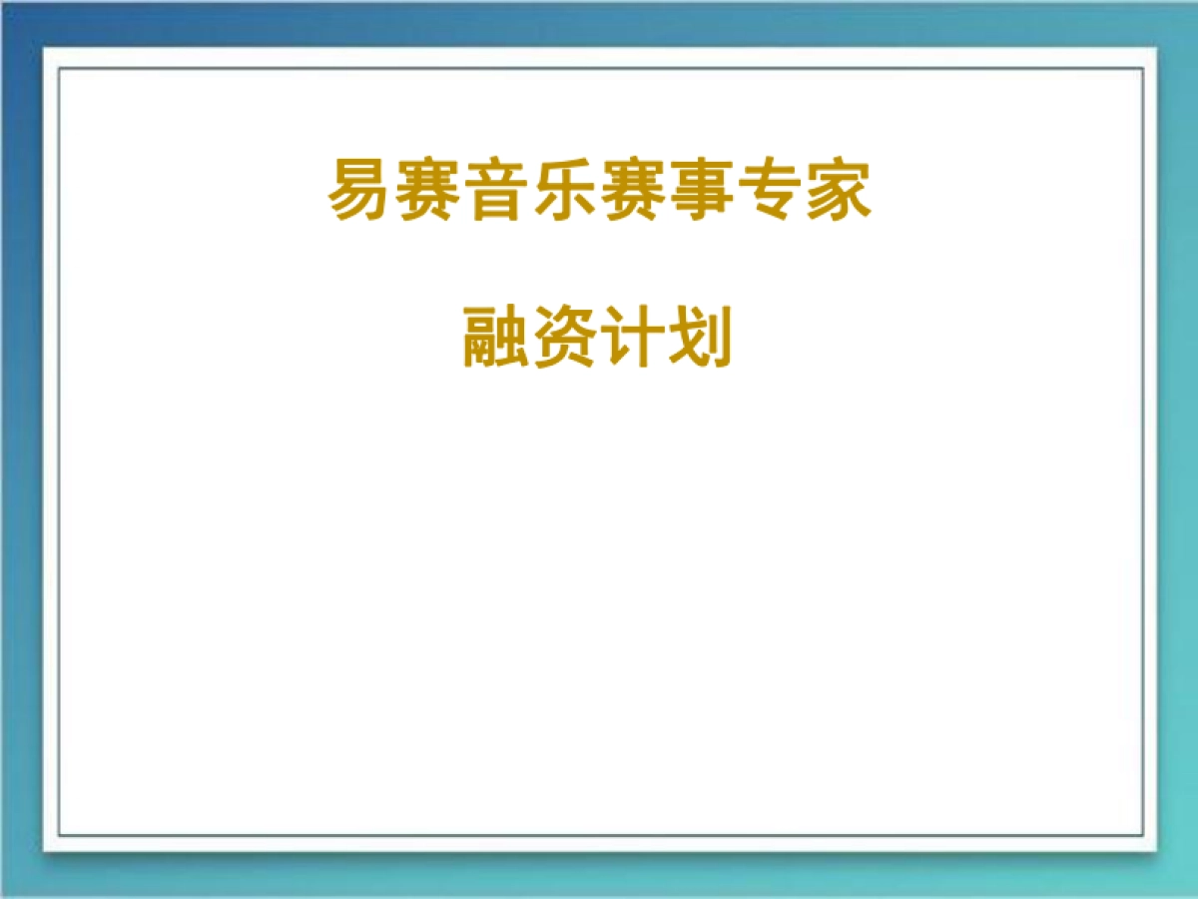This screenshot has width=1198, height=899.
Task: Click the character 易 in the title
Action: coord(361,190)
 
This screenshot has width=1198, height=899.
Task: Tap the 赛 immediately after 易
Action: coord(429,190)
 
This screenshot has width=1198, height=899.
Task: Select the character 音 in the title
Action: coord(497,190)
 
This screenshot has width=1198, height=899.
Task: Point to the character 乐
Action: coord(565,190)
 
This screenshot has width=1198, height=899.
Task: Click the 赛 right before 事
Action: coord(633,190)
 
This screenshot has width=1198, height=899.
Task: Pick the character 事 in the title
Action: coord(701,190)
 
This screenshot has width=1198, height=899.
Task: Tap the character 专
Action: coord(769,190)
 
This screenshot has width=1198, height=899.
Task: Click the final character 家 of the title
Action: coord(837,190)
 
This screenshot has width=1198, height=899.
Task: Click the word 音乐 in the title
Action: coord(531,190)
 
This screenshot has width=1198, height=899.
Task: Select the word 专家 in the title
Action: coord(803,190)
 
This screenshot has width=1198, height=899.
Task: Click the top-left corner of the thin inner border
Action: coord(59,68)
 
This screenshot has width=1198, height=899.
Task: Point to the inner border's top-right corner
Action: coord(1142,68)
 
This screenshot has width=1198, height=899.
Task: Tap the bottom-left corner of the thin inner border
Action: coord(59,835)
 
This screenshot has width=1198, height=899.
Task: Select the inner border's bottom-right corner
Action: coord(1142,835)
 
